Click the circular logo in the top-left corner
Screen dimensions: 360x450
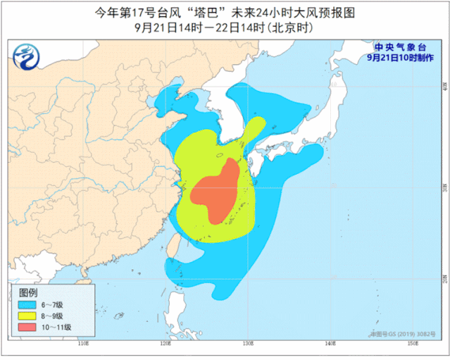[27, 56]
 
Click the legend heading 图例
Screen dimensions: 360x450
[28, 292]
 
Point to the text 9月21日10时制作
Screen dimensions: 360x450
[399, 58]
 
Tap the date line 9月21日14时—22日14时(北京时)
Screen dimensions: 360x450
[224, 28]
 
